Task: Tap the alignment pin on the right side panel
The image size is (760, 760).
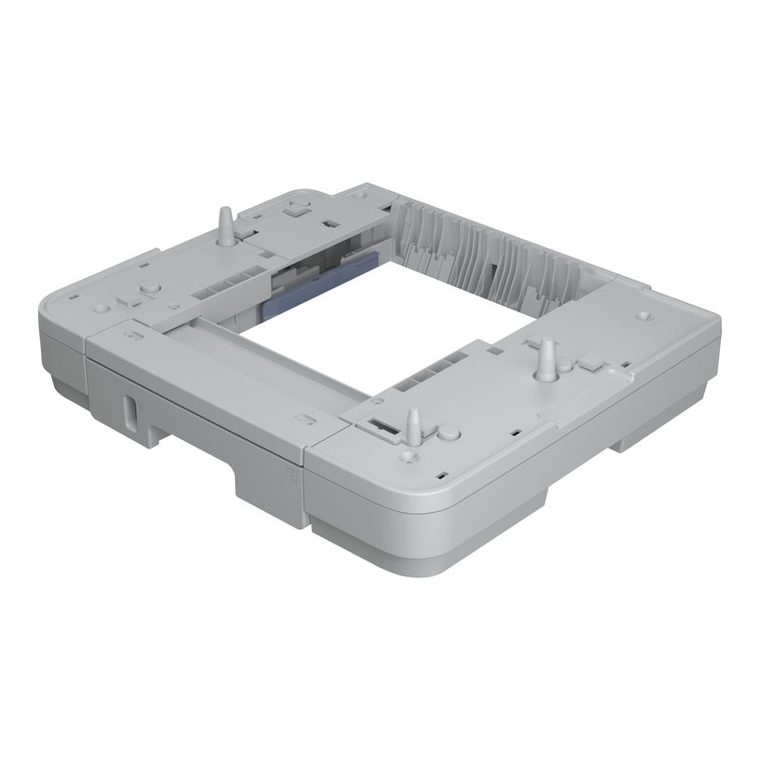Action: [x=546, y=360]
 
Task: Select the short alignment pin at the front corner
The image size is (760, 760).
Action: [x=411, y=425]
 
